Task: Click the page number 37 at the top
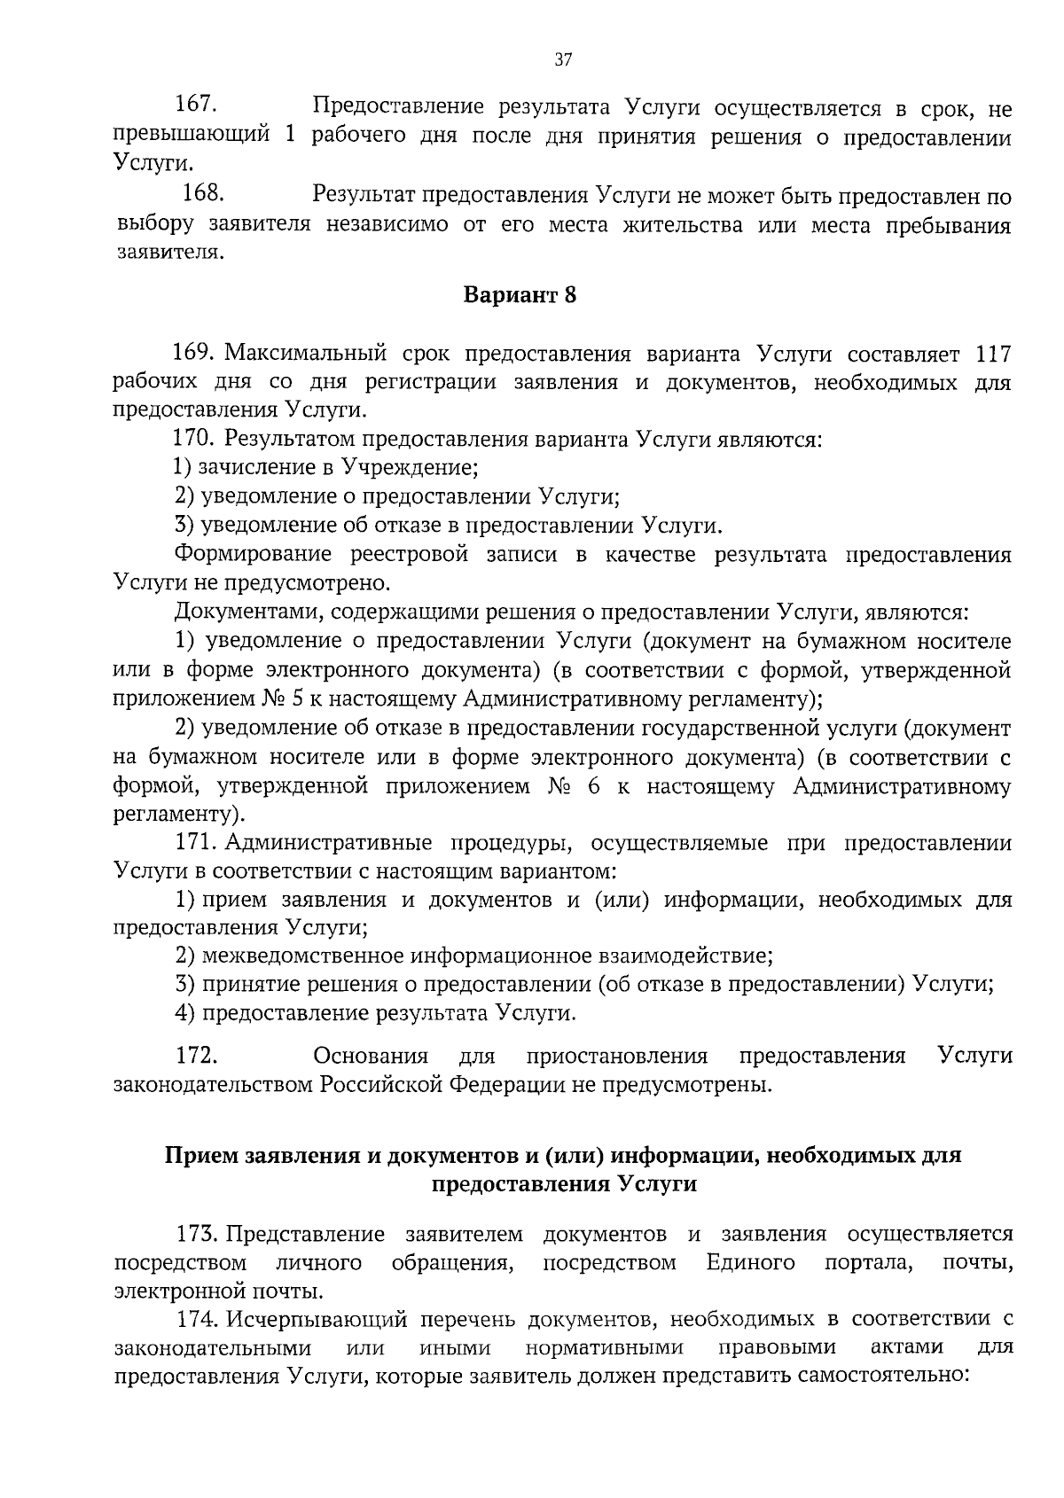(x=563, y=60)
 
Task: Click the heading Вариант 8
(x=520, y=295)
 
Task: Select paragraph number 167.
(x=197, y=105)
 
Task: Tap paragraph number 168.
(x=203, y=194)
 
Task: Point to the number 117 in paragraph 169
(x=992, y=354)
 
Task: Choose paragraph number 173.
(x=197, y=1234)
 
